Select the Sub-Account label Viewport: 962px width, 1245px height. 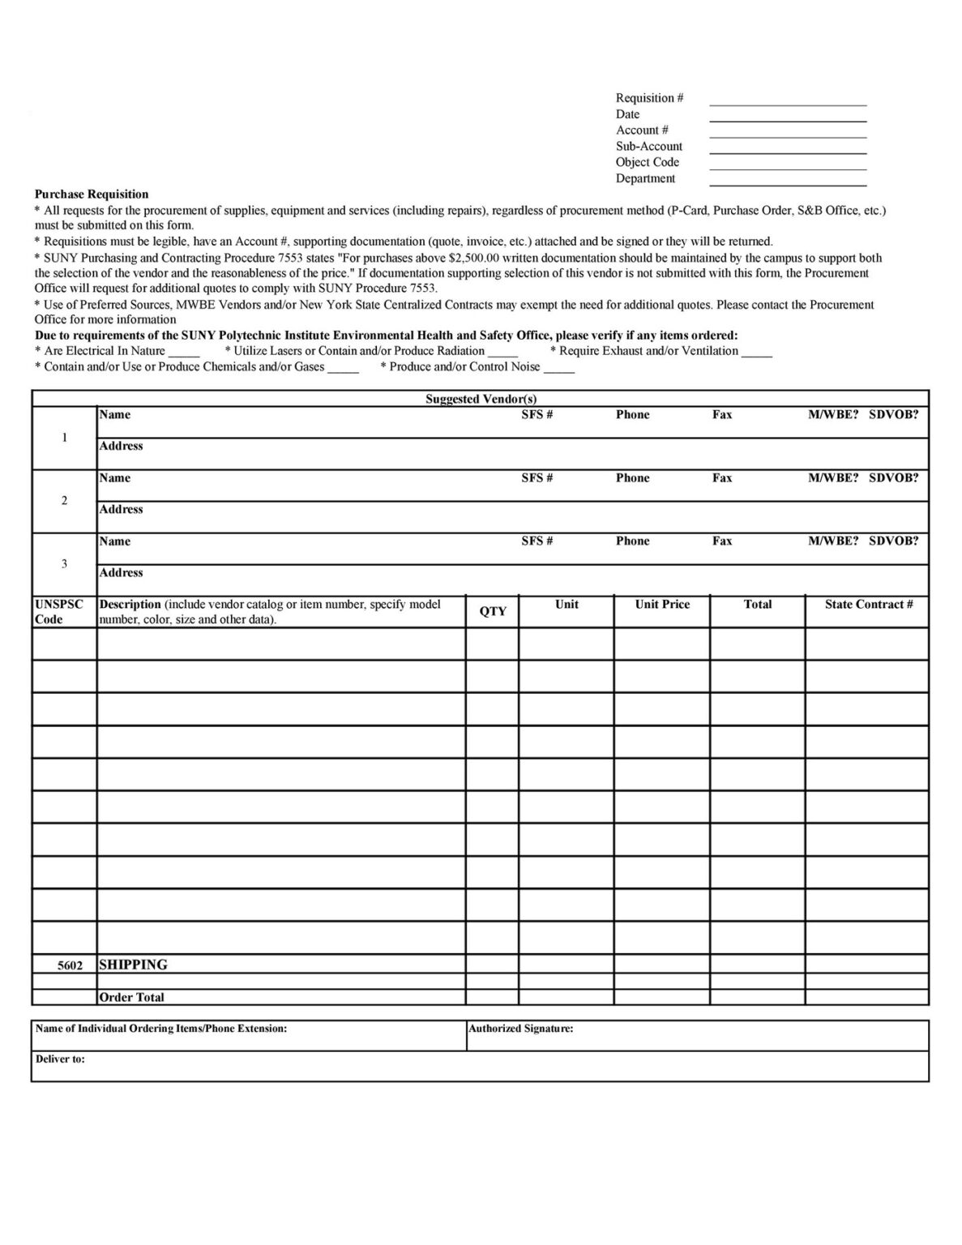point(648,147)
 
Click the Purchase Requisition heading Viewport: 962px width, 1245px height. point(92,195)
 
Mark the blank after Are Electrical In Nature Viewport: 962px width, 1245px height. point(184,353)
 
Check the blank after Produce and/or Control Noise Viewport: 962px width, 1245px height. point(558,368)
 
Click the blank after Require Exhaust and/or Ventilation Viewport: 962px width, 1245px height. point(756,353)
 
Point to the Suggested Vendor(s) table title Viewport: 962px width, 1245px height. point(481,399)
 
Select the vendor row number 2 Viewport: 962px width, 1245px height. point(64,501)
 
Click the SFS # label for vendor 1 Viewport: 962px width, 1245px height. point(537,415)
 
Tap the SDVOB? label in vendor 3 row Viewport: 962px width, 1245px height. point(893,541)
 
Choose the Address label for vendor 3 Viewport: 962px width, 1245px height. point(121,573)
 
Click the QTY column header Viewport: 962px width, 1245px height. point(492,612)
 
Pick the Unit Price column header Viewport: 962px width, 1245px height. point(662,605)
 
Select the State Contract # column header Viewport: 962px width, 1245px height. point(868,605)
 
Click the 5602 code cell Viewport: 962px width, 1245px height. point(70,966)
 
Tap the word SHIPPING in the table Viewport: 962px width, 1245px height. point(133,965)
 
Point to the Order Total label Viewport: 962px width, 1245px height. point(131,998)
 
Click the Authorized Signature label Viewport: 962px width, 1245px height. point(521,1029)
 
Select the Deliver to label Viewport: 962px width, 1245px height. point(60,1059)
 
